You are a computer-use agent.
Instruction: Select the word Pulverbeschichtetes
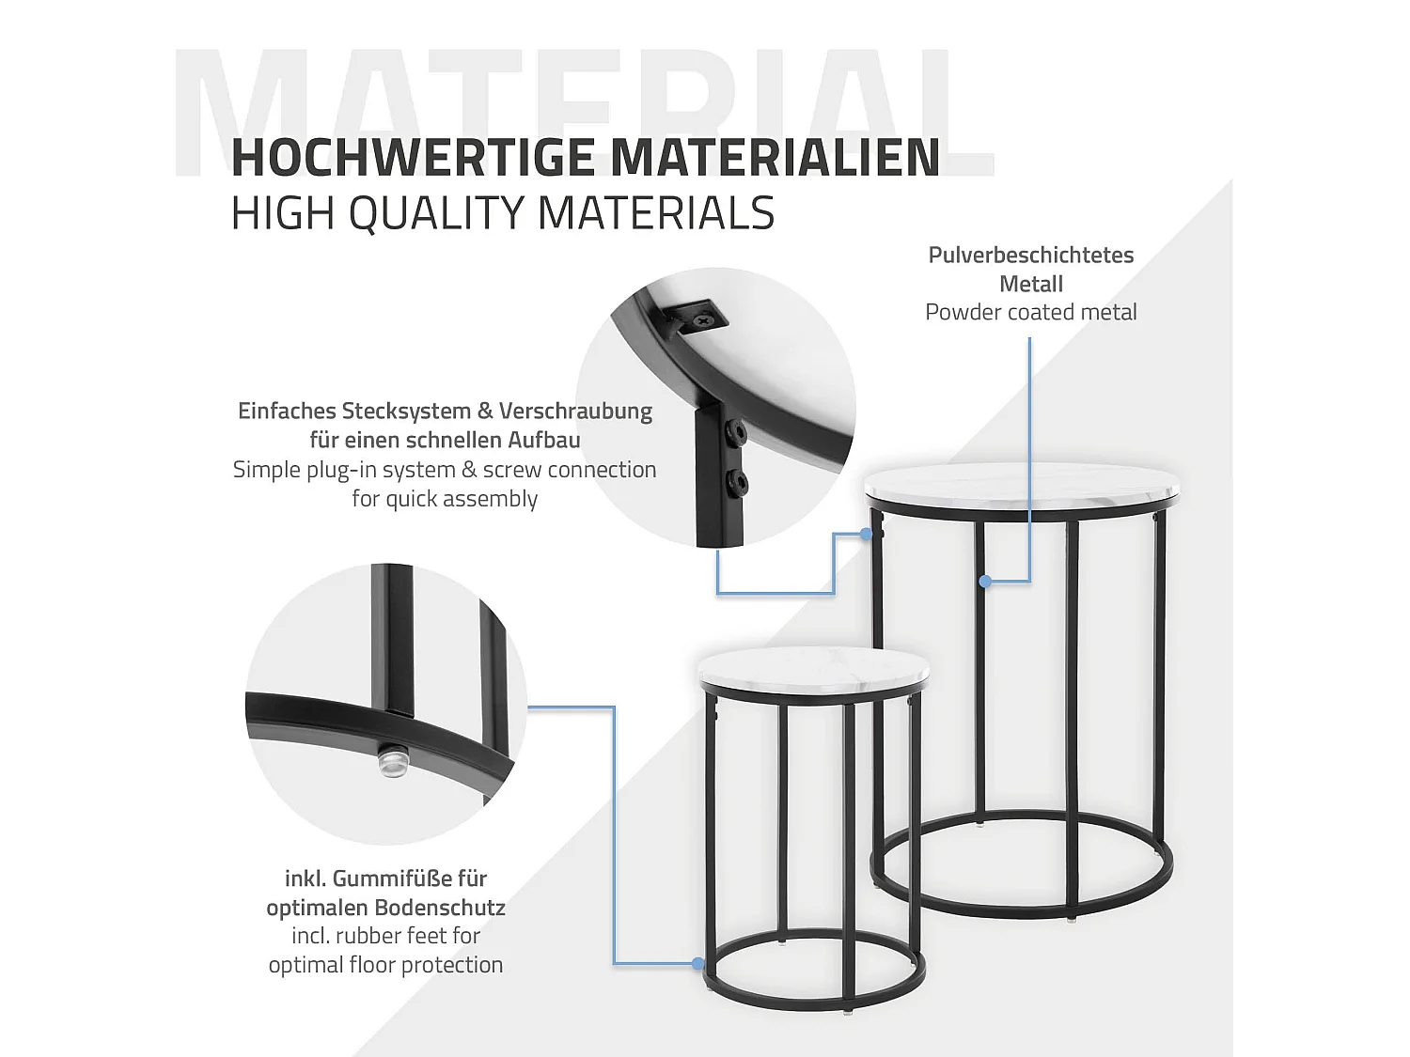tap(1031, 256)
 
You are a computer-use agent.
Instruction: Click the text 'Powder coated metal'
tap(1031, 313)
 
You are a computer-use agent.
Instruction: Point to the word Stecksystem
tap(406, 412)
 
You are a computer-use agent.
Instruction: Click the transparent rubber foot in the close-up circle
tap(392, 761)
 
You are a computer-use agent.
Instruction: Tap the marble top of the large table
tap(1020, 486)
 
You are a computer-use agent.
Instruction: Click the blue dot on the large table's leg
tap(984, 582)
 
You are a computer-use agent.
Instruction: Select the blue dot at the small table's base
tap(697, 964)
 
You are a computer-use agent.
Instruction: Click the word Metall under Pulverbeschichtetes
tap(1031, 284)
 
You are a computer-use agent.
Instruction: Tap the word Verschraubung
tap(575, 412)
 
